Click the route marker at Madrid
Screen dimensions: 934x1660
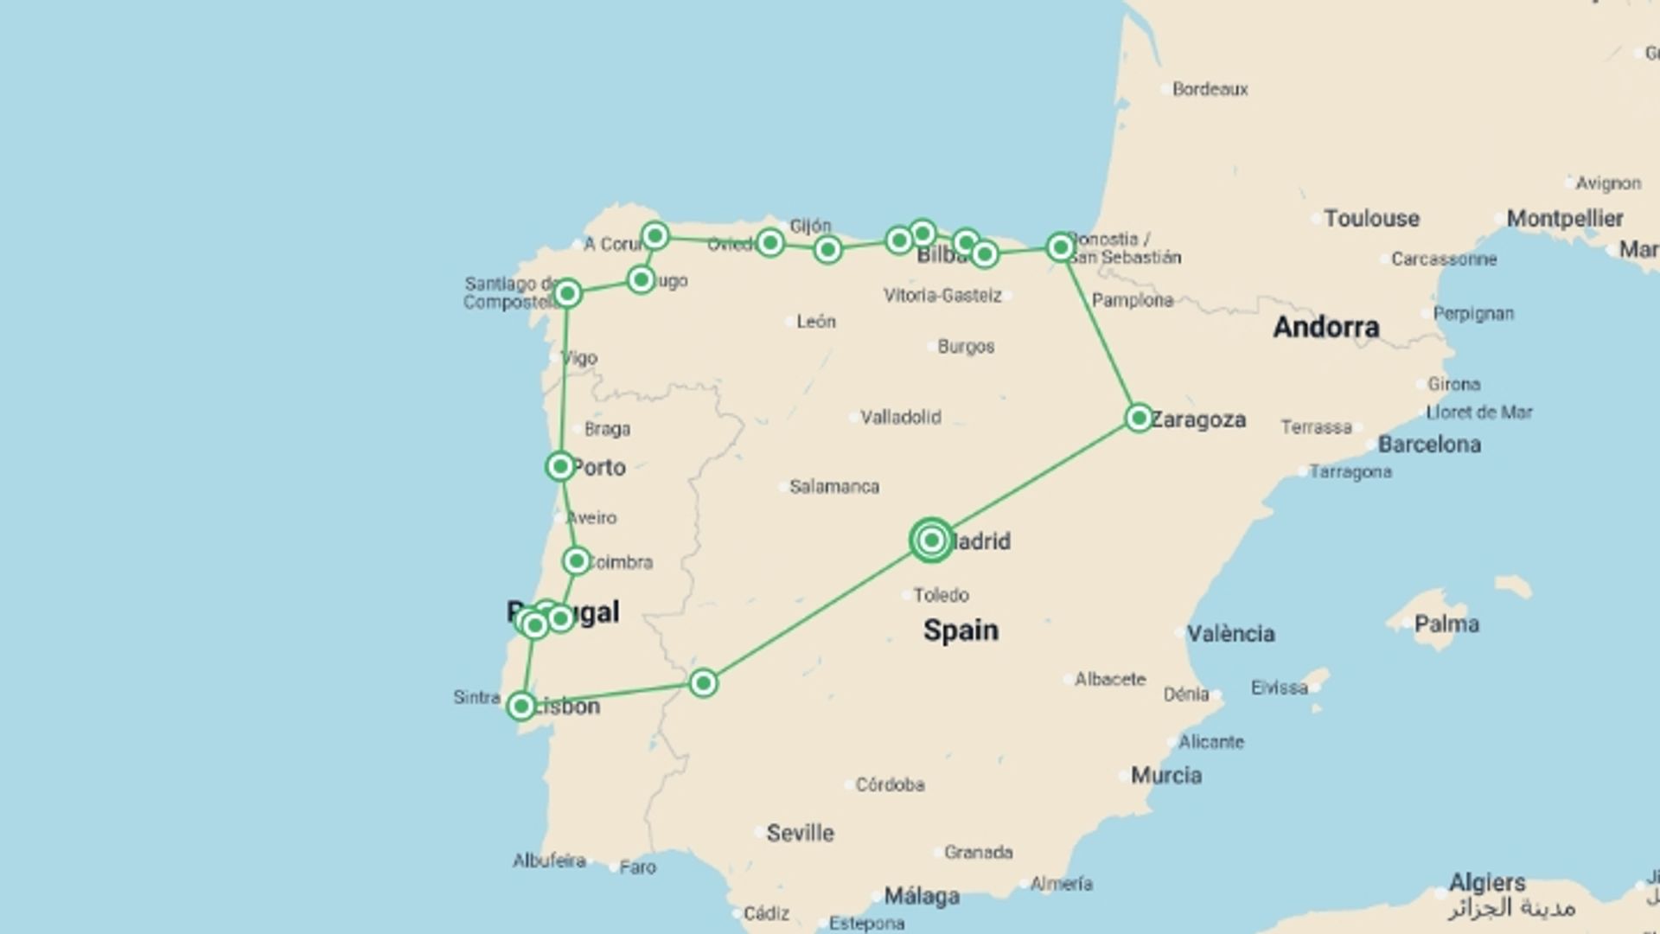931,541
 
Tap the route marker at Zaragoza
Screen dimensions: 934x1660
1139,419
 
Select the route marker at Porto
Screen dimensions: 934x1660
560,467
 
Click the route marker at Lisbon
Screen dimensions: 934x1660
520,707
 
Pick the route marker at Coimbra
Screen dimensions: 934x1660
576,561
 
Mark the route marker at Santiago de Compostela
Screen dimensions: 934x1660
567,294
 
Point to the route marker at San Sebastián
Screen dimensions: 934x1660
1060,248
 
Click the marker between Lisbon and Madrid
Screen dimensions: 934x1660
703,684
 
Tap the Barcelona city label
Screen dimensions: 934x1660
1429,445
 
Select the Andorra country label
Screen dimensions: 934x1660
1325,327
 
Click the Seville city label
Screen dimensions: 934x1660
800,834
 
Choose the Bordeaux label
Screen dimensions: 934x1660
1210,89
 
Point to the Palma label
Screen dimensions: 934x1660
1446,624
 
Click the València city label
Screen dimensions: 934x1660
1230,634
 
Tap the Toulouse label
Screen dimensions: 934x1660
1371,219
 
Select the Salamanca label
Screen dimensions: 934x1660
833,487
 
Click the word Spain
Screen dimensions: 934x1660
961,630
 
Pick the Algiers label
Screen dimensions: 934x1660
1487,883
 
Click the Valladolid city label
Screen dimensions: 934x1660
900,418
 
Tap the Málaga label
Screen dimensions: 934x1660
921,897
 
